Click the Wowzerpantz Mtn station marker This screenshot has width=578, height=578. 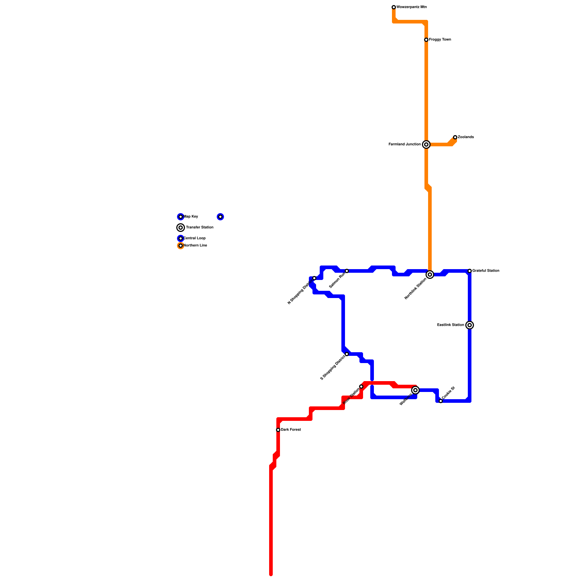394,7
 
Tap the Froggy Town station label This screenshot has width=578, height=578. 440,40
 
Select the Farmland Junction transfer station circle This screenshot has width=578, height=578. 426,144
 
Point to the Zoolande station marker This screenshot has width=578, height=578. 455,137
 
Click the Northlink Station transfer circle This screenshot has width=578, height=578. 430,275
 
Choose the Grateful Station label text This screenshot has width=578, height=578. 486,271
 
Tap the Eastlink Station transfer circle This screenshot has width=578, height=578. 470,325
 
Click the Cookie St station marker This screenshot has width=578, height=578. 441,401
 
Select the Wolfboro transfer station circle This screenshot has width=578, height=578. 415,390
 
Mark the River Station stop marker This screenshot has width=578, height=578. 361,387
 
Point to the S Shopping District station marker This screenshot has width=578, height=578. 347,354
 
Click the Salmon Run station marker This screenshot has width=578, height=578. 347,271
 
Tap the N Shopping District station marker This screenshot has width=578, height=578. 314,278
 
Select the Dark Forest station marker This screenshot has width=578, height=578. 278,430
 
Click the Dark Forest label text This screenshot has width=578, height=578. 291,430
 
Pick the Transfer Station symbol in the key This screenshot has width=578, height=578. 181,228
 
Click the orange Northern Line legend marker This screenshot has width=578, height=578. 181,246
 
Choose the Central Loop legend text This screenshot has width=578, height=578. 195,238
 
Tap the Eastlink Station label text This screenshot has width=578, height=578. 450,325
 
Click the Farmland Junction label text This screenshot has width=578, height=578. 405,144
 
